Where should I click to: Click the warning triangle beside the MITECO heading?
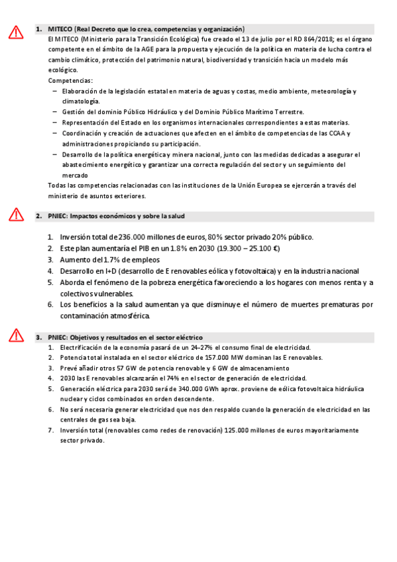tap(16, 32)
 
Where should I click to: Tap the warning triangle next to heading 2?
tap(16, 214)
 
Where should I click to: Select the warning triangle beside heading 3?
tap(16, 335)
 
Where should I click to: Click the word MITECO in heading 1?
tap(60, 29)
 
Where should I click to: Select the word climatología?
tap(80, 101)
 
